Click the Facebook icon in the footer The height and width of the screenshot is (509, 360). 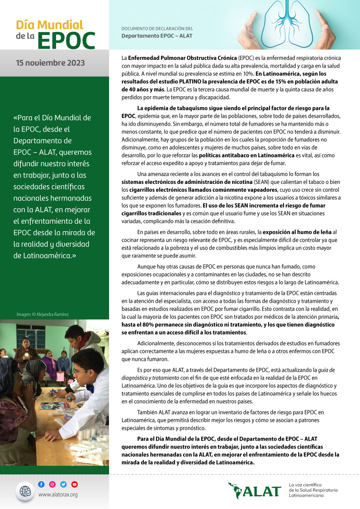point(41,484)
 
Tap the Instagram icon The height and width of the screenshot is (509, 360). point(52,484)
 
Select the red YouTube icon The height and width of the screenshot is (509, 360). point(74,484)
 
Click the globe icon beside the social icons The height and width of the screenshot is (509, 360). point(25,491)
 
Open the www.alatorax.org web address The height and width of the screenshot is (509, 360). point(58,495)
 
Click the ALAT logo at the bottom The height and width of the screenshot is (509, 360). point(255,491)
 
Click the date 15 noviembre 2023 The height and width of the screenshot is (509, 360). point(50,63)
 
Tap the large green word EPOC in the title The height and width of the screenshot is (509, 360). point(66,41)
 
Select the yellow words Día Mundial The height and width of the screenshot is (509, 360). point(50,25)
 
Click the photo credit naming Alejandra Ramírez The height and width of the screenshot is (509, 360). point(43,314)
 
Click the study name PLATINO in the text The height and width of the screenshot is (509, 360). point(190,82)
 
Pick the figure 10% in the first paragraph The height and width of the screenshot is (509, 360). point(248,74)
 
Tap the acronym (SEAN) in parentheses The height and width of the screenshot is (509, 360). point(262,182)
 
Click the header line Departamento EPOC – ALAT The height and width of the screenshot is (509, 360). point(157,36)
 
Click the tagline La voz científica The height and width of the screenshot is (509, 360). point(305,485)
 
